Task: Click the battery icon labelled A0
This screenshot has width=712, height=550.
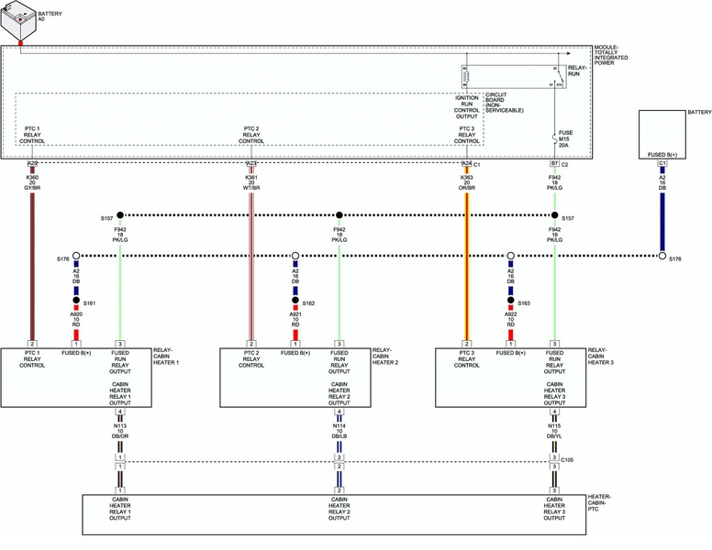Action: [x=18, y=21]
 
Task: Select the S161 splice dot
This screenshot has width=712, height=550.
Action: [x=76, y=301]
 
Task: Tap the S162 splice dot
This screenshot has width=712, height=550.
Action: [x=295, y=301]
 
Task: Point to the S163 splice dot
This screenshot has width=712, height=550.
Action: [x=510, y=301]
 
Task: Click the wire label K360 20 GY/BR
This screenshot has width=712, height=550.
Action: [x=32, y=183]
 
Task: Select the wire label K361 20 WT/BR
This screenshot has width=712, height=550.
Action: [x=251, y=183]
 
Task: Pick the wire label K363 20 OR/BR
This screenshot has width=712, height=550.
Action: [x=467, y=183]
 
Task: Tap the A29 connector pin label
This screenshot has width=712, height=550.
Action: [x=32, y=163]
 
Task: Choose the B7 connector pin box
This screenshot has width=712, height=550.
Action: [x=554, y=163]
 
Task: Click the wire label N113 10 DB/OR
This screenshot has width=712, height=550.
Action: [x=120, y=429]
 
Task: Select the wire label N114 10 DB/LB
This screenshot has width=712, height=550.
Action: [x=339, y=429]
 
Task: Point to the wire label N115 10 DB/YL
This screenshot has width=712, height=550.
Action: [x=554, y=429]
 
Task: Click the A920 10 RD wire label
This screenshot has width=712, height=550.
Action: [x=76, y=319]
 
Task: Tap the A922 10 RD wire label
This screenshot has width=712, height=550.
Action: [x=510, y=319]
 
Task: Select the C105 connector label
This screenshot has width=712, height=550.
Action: [x=568, y=460]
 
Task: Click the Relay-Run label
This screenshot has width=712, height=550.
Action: [x=578, y=71]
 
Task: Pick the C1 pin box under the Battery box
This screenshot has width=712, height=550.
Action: [x=662, y=163]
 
